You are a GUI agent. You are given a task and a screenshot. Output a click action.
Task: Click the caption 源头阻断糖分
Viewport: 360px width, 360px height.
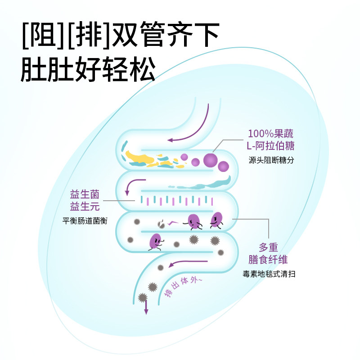pos(271,160)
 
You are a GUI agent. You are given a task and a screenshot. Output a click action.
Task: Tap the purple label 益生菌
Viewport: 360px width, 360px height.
pos(84,194)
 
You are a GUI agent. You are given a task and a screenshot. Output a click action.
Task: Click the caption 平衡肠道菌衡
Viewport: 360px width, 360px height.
pos(85,221)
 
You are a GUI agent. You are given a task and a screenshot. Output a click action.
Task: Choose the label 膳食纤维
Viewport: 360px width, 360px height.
pos(268,260)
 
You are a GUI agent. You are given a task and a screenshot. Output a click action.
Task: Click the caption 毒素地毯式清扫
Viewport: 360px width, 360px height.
pos(268,274)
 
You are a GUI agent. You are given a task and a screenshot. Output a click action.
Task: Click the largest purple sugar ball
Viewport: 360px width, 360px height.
pos(210,159)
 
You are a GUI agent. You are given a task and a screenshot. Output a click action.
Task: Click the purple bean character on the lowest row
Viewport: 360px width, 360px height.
pos(156,241)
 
